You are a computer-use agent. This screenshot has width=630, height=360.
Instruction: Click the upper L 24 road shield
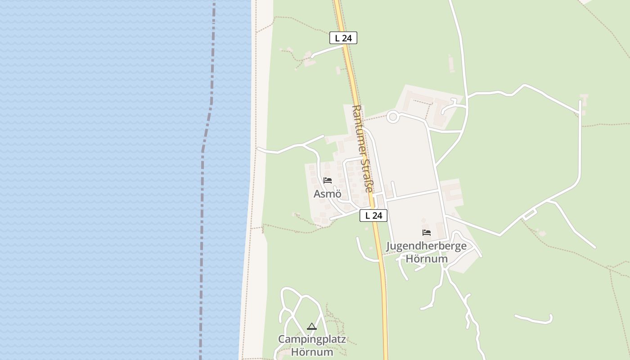pyautogui.click(x=343, y=38)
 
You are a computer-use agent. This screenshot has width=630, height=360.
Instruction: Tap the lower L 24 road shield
pyautogui.click(x=373, y=216)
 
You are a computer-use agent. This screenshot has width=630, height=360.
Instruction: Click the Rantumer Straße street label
pyautogui.click(x=363, y=148)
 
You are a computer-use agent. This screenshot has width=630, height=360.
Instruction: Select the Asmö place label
pyautogui.click(x=328, y=194)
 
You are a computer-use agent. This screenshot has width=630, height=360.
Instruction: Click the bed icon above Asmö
pyautogui.click(x=328, y=180)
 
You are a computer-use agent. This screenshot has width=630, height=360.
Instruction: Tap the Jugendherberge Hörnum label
pyautogui.click(x=426, y=252)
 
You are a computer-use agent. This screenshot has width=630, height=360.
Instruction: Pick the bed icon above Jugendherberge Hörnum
pyautogui.click(x=427, y=233)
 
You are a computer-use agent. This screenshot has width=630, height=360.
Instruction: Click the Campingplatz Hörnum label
pyautogui.click(x=312, y=345)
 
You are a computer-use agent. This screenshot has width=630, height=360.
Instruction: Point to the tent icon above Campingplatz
pyautogui.click(x=312, y=326)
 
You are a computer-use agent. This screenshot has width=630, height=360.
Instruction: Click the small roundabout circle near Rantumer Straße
pyautogui.click(x=393, y=117)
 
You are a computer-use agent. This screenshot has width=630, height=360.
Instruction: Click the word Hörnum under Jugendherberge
pyautogui.click(x=427, y=259)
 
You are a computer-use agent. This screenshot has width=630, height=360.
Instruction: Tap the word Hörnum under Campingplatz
pyautogui.click(x=312, y=352)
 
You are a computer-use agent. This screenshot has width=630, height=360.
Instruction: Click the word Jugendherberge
pyautogui.click(x=426, y=246)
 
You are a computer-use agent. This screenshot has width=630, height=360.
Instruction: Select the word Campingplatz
pyautogui.click(x=312, y=339)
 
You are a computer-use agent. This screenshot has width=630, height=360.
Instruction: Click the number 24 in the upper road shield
pyautogui.click(x=346, y=38)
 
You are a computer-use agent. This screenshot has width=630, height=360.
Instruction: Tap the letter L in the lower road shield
pyautogui.click(x=368, y=216)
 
